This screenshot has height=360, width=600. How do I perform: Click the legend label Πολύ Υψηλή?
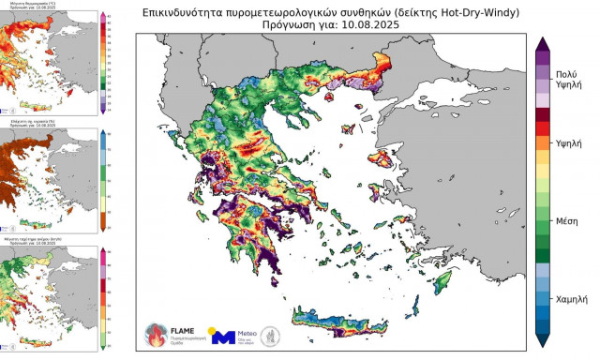(x=565, y=79)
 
